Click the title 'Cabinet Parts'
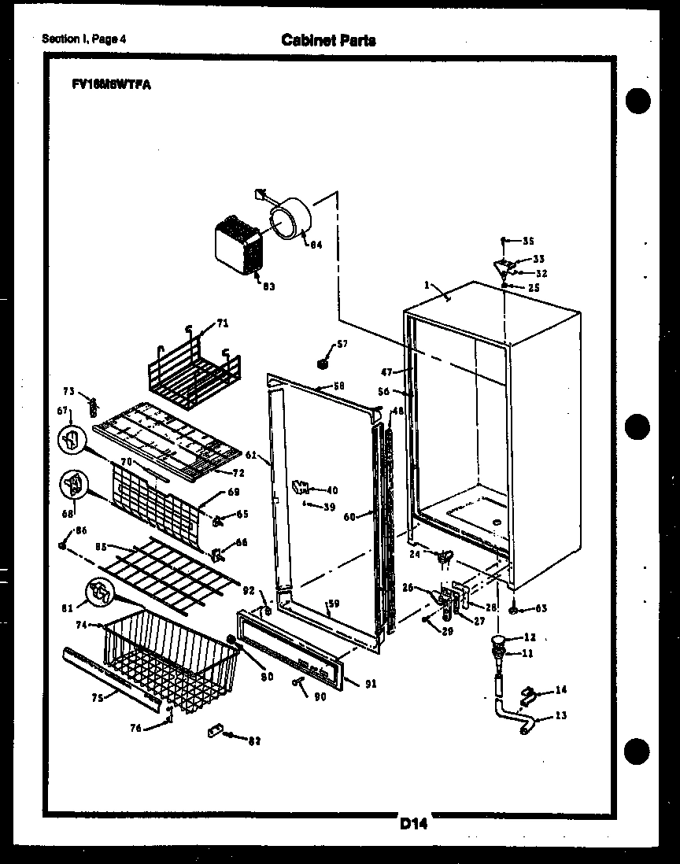coord(328,40)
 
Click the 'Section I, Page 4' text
coord(84,39)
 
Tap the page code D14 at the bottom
coord(413,824)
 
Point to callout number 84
coord(315,245)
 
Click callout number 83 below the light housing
coord(268,286)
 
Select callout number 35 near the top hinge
coord(528,241)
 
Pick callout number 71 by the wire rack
coord(223,323)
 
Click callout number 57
coord(342,344)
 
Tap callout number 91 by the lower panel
coord(371,684)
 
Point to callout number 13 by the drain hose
coord(560,715)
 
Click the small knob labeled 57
coord(321,364)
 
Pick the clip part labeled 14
coord(529,694)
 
